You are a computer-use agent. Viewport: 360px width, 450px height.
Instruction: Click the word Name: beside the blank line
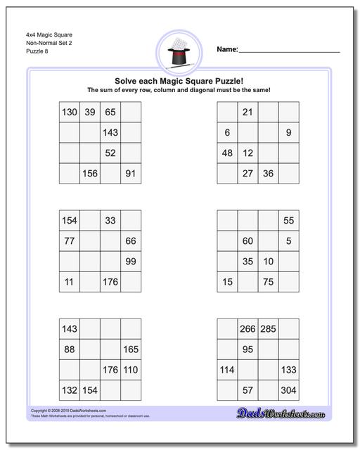coord(226,49)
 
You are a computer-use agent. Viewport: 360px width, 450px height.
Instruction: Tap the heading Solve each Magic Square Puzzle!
coord(179,81)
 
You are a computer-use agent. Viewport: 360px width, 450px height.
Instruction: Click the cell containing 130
coord(70,112)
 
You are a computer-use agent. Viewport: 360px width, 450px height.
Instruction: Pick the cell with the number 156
coord(90,174)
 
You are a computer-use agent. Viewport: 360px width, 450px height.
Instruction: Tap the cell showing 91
coord(131,174)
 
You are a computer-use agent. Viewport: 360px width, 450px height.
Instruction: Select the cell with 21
coord(247,112)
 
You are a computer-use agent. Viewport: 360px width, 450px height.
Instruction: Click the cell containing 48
coord(227,153)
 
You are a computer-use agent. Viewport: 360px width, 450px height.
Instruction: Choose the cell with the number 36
coord(268,174)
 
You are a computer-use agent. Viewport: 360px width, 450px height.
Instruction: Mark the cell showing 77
coord(70,241)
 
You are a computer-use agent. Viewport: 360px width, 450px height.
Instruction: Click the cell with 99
coord(131,262)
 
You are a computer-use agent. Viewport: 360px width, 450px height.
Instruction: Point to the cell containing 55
coord(288,221)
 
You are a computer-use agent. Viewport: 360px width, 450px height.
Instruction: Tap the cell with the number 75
coord(268,282)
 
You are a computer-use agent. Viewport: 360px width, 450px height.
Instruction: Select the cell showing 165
coord(131,349)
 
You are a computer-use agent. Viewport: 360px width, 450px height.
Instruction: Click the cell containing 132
coord(70,390)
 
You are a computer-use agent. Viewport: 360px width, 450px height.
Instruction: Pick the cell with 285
coord(268,329)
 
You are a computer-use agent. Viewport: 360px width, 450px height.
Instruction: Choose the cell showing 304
coord(288,390)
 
